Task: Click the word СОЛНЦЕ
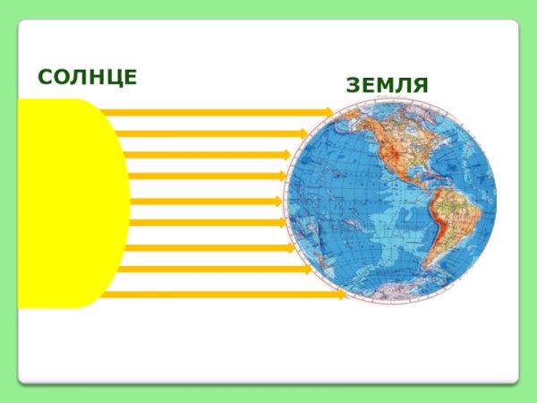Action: tap(88, 77)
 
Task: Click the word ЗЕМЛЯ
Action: tap(387, 86)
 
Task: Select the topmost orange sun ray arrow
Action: tap(215, 112)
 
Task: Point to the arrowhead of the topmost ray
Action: tap(328, 112)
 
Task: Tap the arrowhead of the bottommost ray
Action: tap(341, 294)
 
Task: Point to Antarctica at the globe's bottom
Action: tap(394, 291)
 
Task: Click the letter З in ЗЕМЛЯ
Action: tap(352, 86)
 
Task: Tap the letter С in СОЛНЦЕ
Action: tap(44, 77)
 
